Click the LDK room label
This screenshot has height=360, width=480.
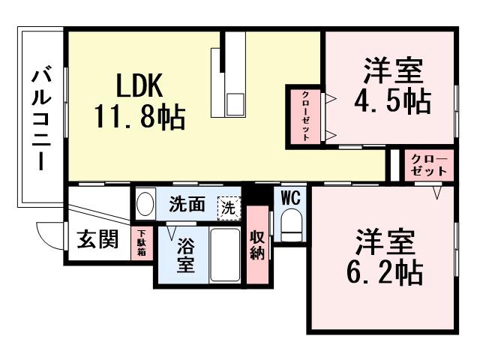(139, 87)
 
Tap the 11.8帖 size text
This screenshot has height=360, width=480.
(139, 118)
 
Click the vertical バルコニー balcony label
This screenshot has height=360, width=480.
(42, 120)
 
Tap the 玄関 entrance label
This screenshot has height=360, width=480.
(97, 241)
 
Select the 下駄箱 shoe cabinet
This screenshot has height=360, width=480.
(140, 244)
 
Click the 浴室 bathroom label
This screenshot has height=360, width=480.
(186, 255)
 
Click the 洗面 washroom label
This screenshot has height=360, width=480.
(186, 204)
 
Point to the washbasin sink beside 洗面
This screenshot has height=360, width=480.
(145, 202)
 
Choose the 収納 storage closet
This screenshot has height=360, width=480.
(256, 244)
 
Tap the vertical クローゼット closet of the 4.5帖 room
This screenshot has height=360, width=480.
(306, 115)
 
